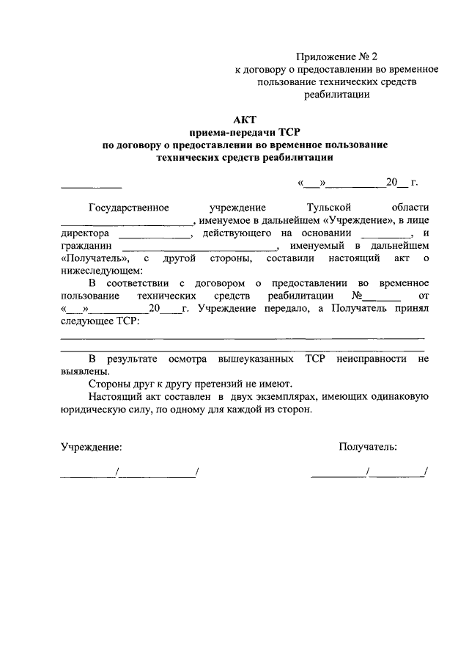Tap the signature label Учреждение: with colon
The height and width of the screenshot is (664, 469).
[x=92, y=446]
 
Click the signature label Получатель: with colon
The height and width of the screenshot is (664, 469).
[x=368, y=446]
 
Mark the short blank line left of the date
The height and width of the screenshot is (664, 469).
[x=91, y=183]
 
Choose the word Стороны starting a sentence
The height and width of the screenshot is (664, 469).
[x=107, y=384]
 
